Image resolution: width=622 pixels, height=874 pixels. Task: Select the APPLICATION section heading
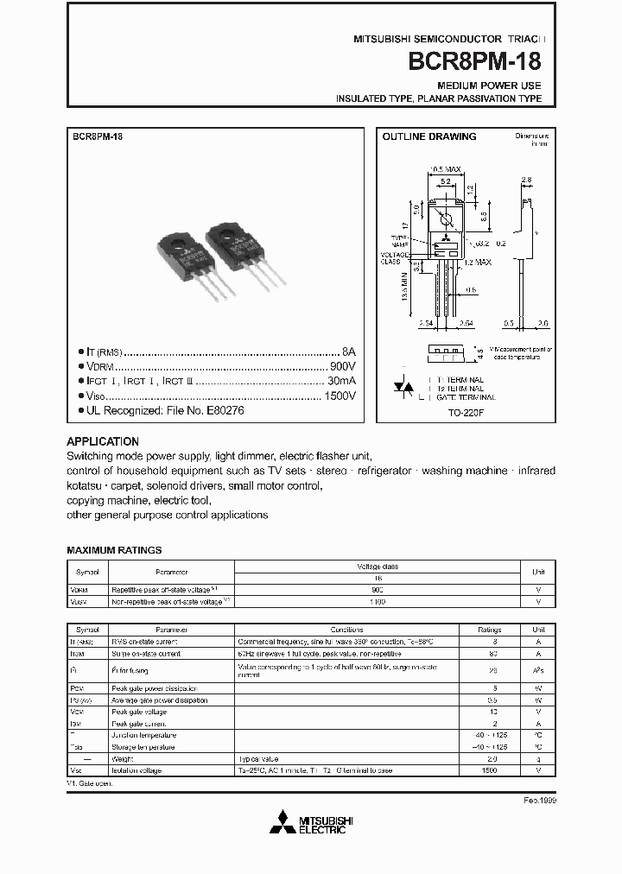[102, 441]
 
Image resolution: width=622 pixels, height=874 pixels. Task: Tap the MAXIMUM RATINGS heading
[114, 550]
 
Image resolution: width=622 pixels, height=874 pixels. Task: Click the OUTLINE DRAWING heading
[429, 136]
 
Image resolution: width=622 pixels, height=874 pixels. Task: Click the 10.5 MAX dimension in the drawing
[445, 169]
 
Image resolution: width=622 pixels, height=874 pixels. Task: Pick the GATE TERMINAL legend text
[466, 397]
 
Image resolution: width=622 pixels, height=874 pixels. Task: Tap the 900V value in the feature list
[343, 366]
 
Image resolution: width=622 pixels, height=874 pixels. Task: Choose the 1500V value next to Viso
[340, 396]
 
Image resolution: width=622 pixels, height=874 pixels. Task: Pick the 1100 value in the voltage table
[378, 600]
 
